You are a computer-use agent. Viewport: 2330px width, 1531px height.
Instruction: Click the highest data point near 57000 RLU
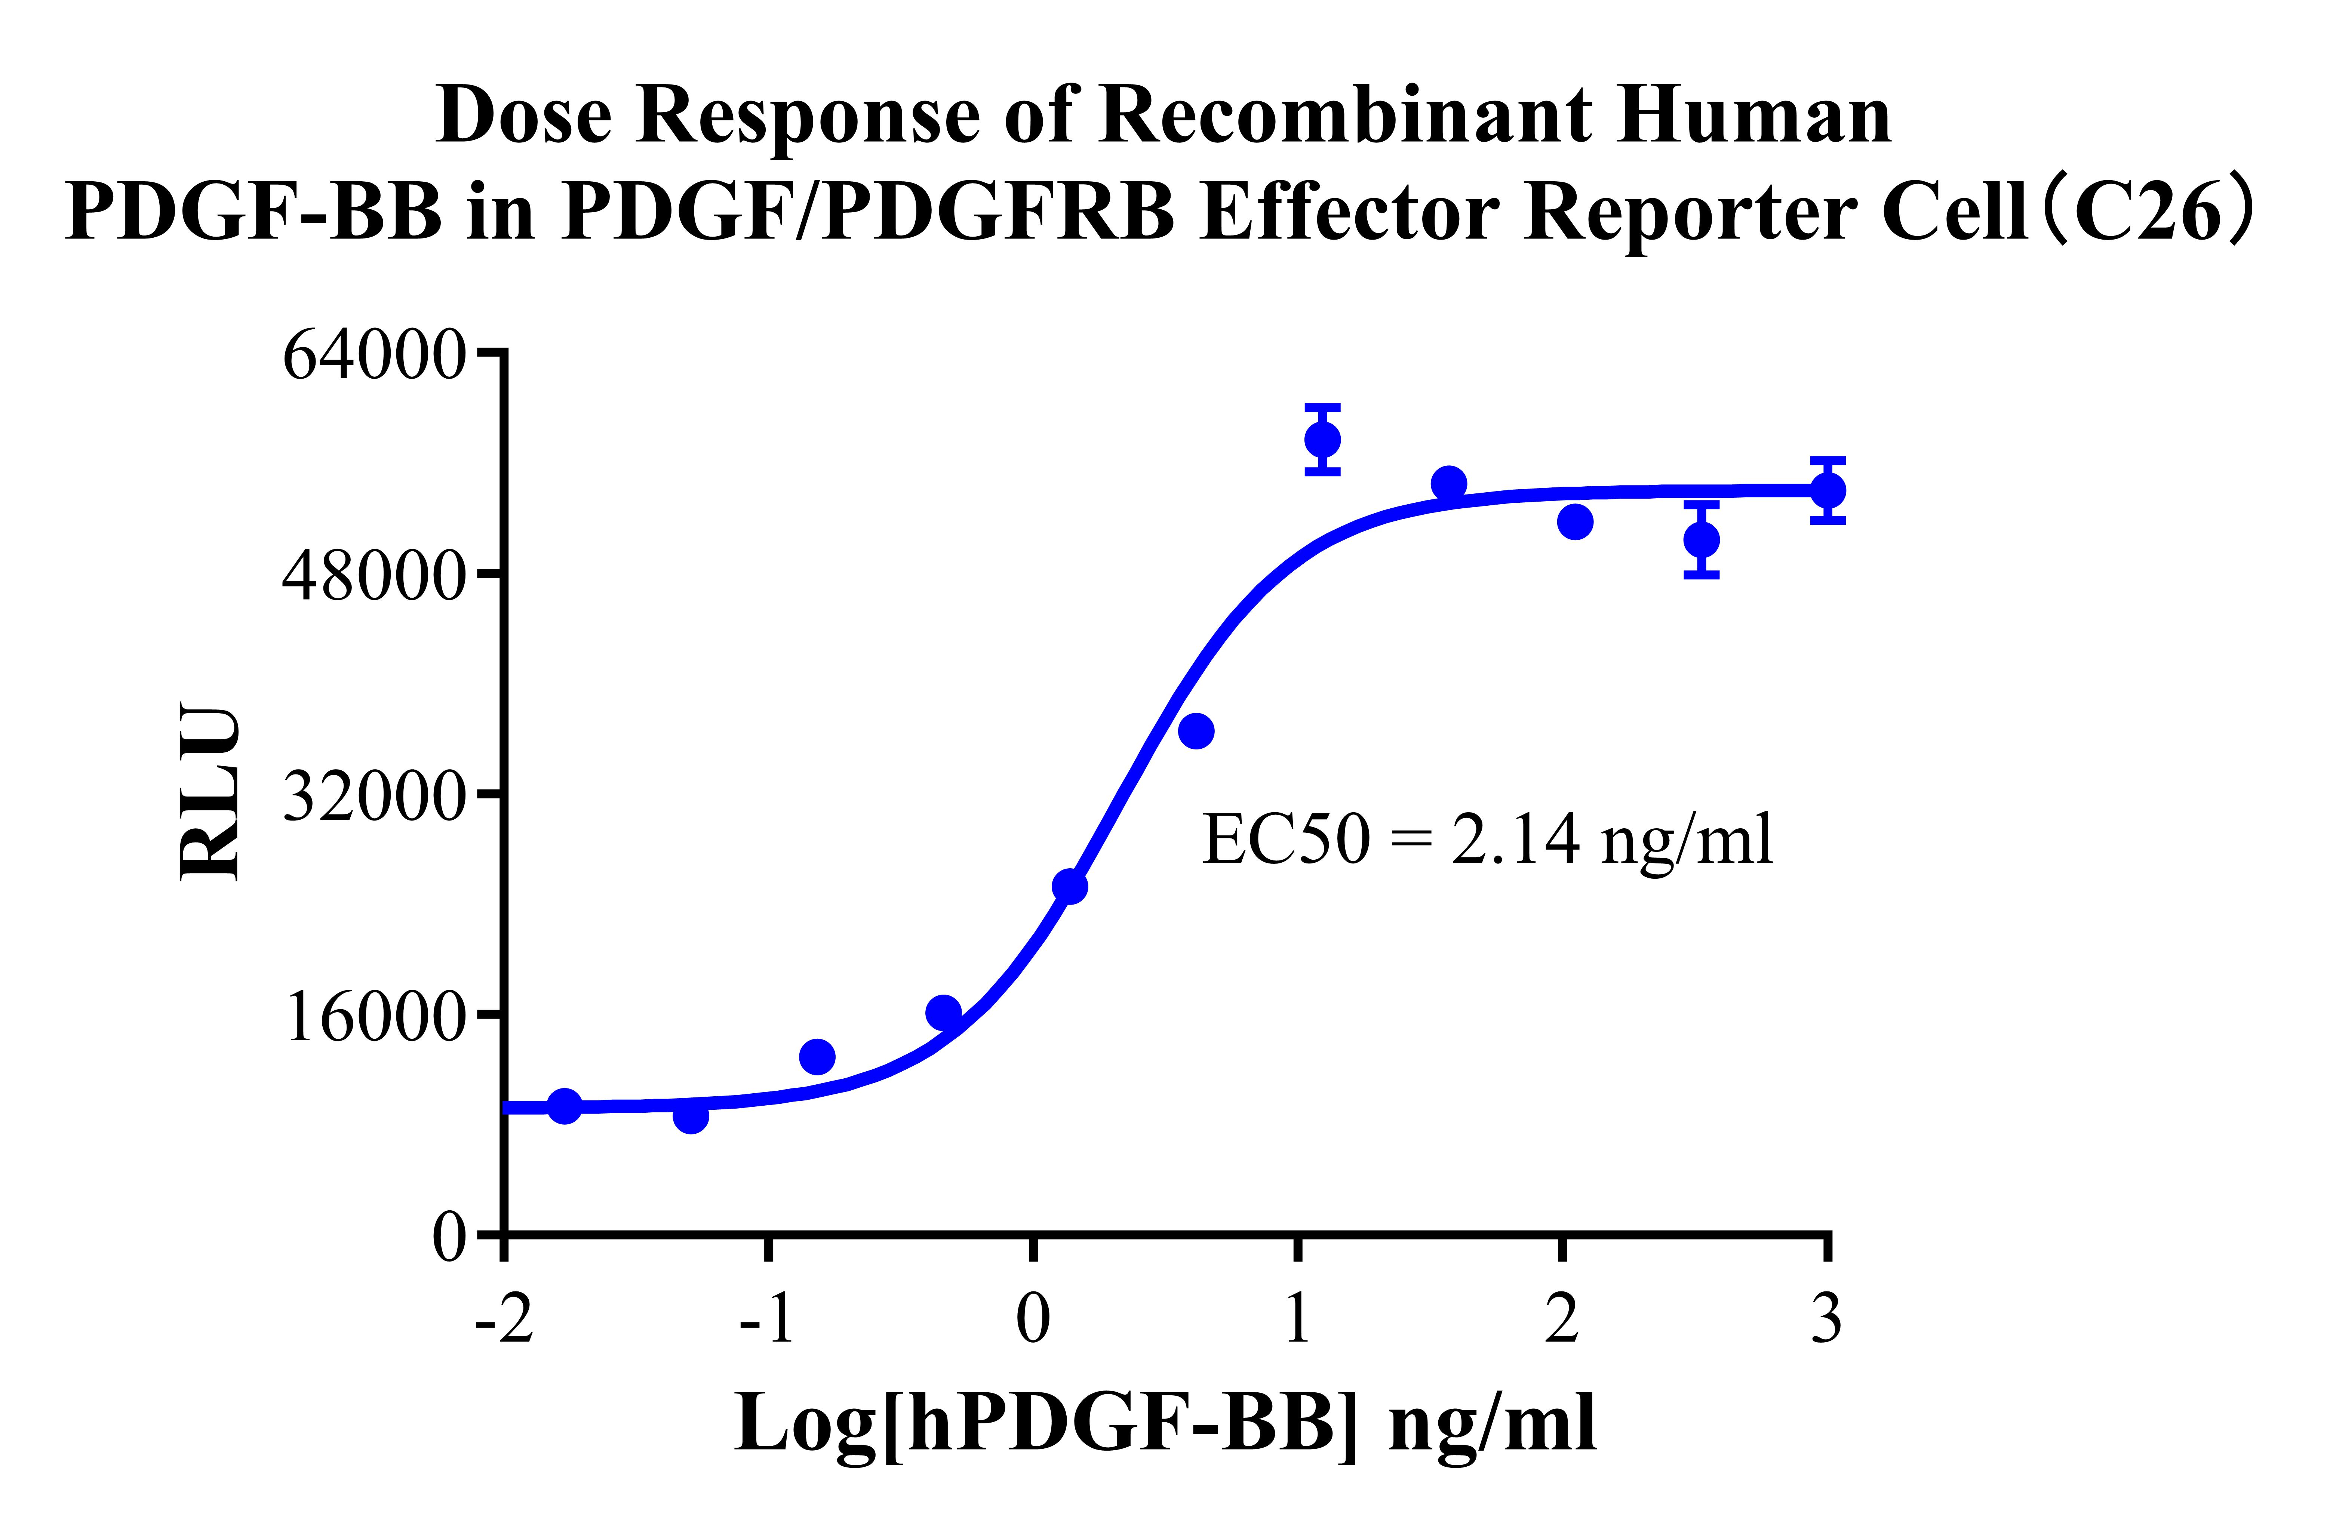point(1323,440)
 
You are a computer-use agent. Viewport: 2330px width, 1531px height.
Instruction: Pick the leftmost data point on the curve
point(564,1106)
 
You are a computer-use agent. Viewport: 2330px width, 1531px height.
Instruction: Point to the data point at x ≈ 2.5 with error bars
point(1702,539)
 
